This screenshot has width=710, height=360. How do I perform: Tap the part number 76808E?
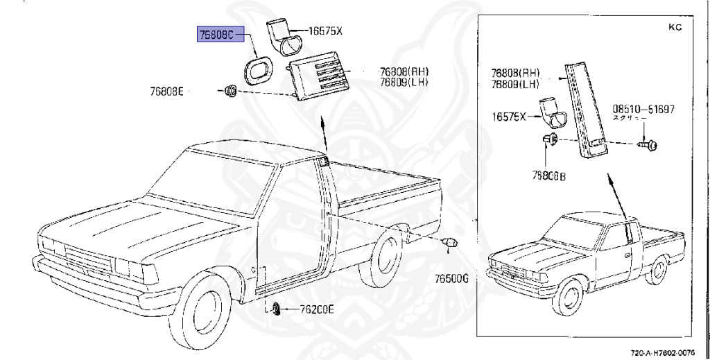click(x=166, y=91)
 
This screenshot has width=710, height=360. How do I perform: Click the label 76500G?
click(x=453, y=278)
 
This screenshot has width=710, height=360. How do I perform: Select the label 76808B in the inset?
click(x=548, y=177)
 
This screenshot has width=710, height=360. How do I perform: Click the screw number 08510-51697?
click(x=643, y=109)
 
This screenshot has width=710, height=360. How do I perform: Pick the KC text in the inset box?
click(x=675, y=27)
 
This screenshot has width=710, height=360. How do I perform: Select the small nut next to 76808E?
click(x=232, y=90)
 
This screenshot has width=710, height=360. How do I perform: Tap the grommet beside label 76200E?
click(x=276, y=309)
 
